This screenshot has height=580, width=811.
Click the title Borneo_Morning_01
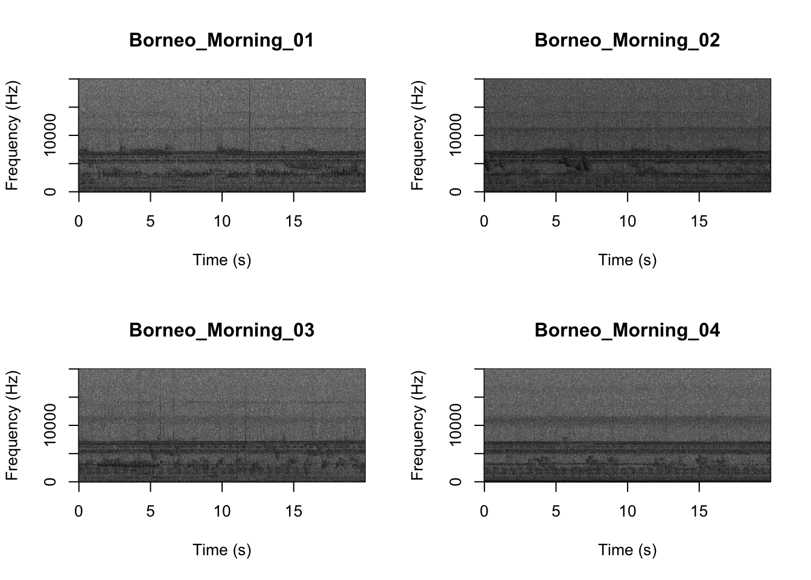(221, 40)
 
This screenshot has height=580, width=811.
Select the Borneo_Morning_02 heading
(627, 40)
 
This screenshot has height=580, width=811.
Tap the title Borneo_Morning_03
(221, 330)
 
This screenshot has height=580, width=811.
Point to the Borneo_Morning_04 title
(627, 330)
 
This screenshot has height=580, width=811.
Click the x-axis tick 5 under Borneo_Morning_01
(150, 222)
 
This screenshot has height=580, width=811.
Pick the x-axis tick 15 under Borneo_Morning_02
(699, 222)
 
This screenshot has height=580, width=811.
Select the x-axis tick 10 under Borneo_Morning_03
(222, 512)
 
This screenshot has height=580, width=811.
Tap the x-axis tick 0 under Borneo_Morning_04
(484, 512)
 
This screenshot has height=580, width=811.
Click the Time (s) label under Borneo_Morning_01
(221, 260)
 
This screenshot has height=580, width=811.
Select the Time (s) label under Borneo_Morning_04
(627, 550)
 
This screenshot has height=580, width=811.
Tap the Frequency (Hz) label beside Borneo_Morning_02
(418, 135)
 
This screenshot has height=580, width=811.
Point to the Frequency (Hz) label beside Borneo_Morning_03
(12, 425)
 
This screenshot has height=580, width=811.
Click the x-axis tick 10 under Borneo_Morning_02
(628, 222)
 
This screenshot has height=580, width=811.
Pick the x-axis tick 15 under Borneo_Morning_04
(699, 512)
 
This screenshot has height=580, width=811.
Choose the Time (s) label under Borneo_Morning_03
(221, 550)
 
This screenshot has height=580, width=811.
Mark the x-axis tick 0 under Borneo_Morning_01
(78, 222)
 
